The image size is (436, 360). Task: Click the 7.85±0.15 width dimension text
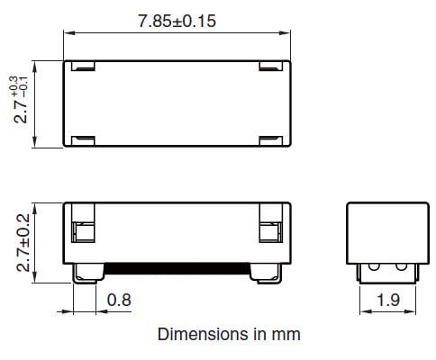point(177,21)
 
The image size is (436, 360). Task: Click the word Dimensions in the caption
point(196,334)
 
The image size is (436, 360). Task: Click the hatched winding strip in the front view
point(177,268)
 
